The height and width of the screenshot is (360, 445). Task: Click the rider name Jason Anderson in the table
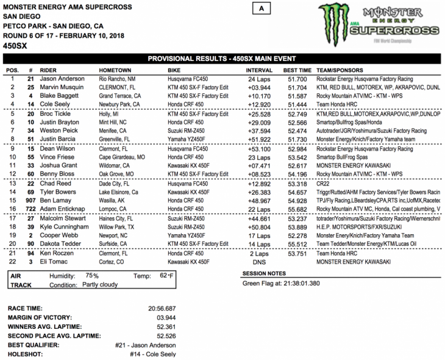62,79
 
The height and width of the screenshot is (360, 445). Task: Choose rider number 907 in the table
29,200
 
